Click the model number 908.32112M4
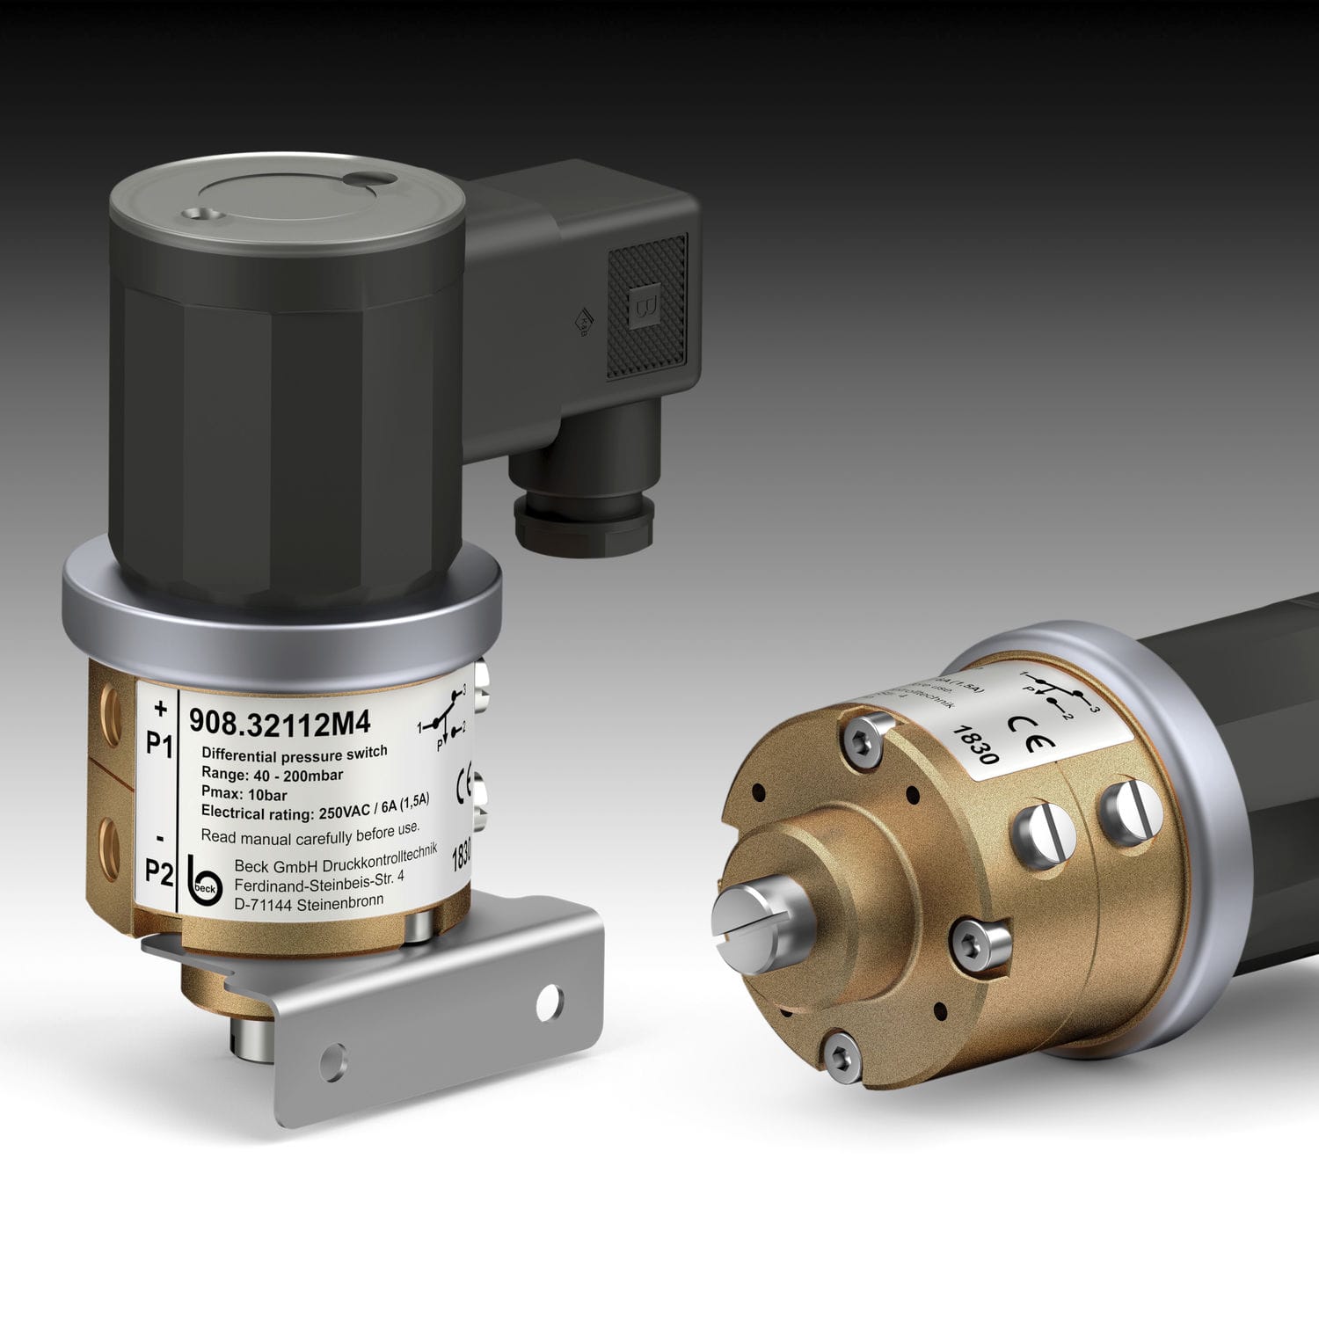point(280,724)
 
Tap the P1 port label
point(159,745)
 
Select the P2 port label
point(159,872)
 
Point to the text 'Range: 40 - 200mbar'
point(272,775)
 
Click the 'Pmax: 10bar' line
point(244,795)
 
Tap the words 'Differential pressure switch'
point(294,754)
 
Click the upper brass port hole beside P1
point(112,704)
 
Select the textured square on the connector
point(647,304)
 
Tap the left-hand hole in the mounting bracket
point(332,1062)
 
